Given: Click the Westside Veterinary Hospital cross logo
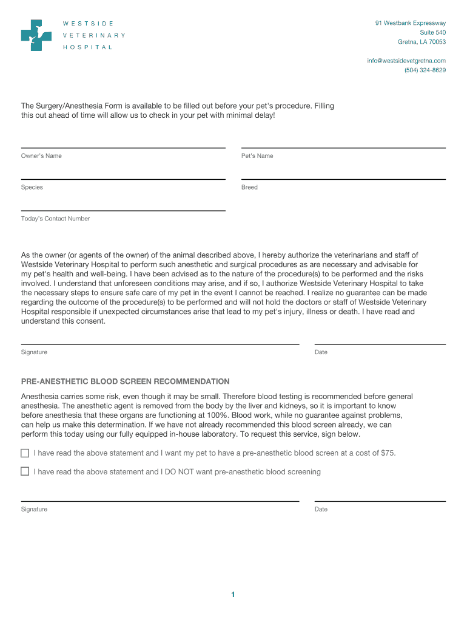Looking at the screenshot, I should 36,35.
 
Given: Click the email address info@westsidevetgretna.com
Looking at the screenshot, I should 406,61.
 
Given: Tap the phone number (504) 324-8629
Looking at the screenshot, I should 425,70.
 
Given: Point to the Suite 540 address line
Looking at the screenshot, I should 433,32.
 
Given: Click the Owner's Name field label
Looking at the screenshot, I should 41,156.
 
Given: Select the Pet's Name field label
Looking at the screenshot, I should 257,156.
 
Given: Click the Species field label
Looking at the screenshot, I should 32,188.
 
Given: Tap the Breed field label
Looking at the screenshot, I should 249,188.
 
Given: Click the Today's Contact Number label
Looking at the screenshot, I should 55,219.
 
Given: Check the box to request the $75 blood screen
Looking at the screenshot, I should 25,453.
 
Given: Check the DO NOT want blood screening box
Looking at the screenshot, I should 25,471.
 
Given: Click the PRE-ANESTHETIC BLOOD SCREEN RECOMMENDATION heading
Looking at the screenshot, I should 125,382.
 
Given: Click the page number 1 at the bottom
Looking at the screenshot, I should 233,595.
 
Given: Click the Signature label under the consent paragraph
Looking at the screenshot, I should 34,352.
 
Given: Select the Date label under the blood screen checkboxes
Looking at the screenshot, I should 321,509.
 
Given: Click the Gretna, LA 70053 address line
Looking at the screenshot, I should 422,42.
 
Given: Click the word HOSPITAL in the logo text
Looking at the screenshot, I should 88,47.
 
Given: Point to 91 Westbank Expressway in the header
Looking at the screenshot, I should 411,23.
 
